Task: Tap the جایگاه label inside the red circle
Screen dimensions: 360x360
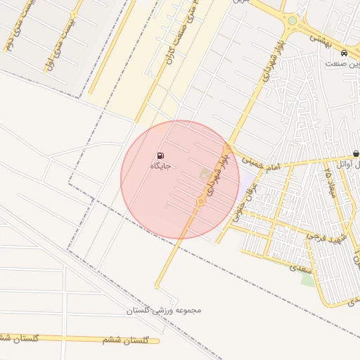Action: point(161,166)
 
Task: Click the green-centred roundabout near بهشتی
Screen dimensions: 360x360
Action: point(292,21)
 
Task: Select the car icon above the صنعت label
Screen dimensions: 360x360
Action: point(342,53)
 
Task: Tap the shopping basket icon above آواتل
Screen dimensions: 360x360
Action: point(356,154)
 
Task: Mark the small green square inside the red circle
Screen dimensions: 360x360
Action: point(205,173)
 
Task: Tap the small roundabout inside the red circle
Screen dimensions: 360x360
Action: point(200,202)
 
